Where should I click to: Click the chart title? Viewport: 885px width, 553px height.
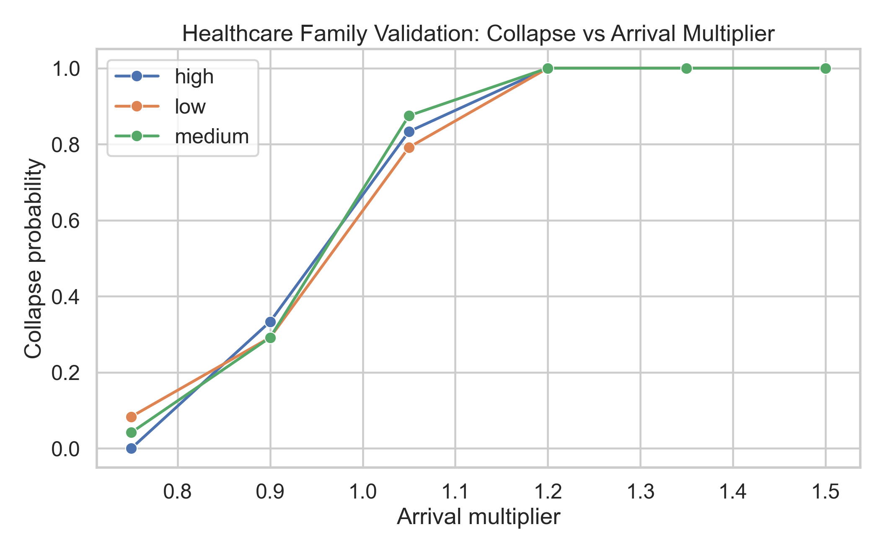478,34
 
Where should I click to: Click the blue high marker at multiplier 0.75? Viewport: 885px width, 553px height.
132,448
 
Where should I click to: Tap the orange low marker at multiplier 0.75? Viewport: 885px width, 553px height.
132,417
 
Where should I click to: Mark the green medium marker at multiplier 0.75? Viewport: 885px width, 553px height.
132,432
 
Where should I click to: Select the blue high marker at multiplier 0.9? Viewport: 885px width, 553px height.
270,322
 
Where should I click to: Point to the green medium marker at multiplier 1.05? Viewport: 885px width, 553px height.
409,116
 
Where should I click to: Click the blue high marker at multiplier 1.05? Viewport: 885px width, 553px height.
409,132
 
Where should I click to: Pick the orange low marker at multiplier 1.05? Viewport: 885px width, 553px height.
409,147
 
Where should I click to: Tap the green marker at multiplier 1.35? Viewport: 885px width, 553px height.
686,68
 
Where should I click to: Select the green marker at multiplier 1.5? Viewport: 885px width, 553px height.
825,68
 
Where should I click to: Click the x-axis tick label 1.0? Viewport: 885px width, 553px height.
363,492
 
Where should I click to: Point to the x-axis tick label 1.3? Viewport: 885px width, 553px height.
640,492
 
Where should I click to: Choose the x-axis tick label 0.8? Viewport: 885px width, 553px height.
178,492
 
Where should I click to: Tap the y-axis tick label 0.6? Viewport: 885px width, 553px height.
65,221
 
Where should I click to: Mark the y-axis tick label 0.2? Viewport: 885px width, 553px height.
65,373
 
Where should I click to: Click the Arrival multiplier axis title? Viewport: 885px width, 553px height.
478,517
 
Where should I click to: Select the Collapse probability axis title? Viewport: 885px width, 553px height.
34,258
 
